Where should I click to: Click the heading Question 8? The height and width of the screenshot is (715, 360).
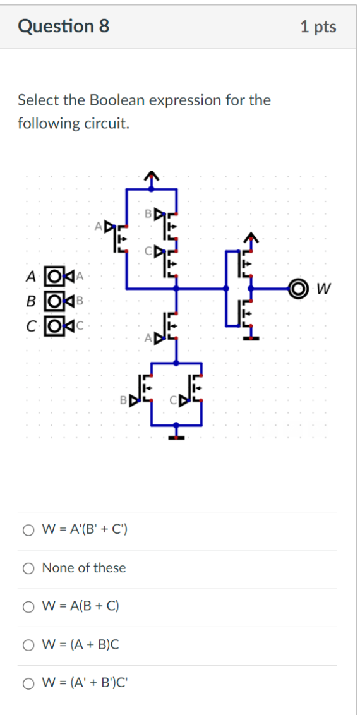(x=64, y=26)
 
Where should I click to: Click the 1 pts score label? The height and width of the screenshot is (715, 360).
(x=318, y=27)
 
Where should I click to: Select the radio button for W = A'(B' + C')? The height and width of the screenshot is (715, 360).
(x=28, y=530)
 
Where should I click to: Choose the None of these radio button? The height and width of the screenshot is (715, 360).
(x=28, y=568)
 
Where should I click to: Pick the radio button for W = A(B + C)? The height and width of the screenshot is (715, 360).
(x=28, y=607)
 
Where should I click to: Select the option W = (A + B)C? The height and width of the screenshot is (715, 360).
(x=28, y=645)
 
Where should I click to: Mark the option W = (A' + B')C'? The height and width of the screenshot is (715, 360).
(x=28, y=683)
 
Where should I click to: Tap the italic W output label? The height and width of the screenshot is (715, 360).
(x=323, y=289)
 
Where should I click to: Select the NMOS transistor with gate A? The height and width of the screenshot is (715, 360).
(x=170, y=326)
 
